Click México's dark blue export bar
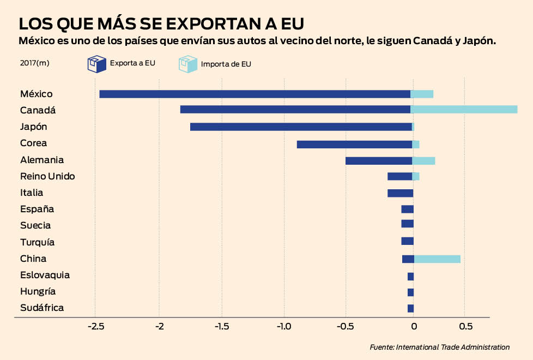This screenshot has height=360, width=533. (255, 94)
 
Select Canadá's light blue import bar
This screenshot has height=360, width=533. (464, 110)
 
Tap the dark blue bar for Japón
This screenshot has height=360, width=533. (301, 127)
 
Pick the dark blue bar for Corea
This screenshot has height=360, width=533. (354, 144)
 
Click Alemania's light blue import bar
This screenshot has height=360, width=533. (424, 160)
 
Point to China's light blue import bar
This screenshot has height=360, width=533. (437, 259)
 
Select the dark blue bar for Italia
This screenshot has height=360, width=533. (400, 193)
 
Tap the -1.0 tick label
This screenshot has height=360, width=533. (284, 327)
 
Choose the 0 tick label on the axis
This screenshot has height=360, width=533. (414, 327)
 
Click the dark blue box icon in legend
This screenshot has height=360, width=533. (96, 64)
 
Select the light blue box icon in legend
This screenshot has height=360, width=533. (186, 64)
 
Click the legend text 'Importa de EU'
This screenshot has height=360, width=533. (226, 64)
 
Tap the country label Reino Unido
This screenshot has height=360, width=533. (47, 176)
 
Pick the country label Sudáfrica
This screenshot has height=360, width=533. (42, 308)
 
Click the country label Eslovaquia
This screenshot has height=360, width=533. (45, 275)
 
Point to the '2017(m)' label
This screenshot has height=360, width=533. (34, 63)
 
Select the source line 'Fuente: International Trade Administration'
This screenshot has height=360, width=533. (439, 347)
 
